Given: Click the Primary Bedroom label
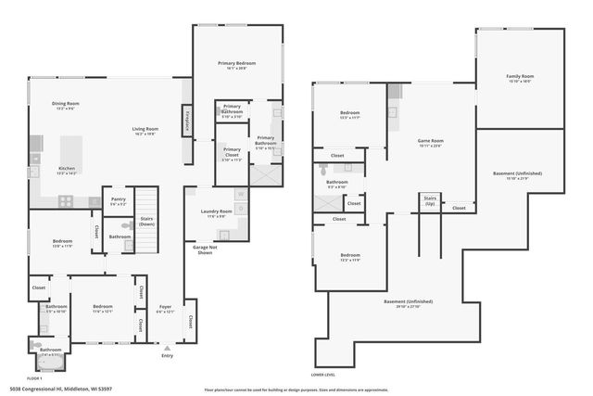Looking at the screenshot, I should pyautogui.click(x=237, y=63).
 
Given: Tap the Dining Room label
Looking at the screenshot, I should pyautogui.click(x=65, y=104).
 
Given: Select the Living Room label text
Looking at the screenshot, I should pyautogui.click(x=145, y=129).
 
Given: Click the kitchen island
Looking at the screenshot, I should pyautogui.click(x=72, y=151).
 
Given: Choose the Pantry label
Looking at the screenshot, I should pyautogui.click(x=118, y=198).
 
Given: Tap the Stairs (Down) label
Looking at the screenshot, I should pyautogui.click(x=146, y=223).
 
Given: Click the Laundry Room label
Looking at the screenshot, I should pyautogui.click(x=218, y=211).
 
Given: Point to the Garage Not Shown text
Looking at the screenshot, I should pyautogui.click(x=204, y=250).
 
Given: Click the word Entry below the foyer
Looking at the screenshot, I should pyautogui.click(x=167, y=355).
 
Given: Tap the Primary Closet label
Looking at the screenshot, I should pyautogui.click(x=232, y=150).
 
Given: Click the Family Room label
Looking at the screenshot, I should pyautogui.click(x=520, y=76).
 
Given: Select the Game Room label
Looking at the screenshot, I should pyautogui.click(x=431, y=141).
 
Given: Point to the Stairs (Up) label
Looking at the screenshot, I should pyautogui.click(x=430, y=199).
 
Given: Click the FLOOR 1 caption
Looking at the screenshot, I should pyautogui.click(x=34, y=378).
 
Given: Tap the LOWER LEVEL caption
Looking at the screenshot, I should pyautogui.click(x=323, y=374).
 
